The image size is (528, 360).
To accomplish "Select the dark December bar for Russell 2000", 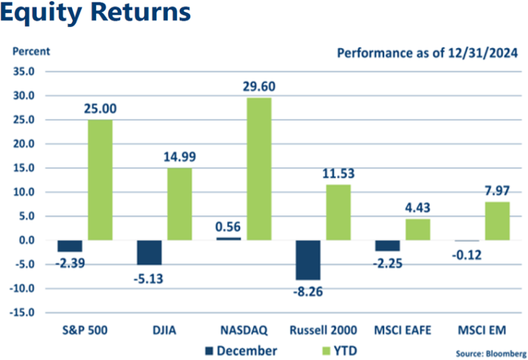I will point(308,260).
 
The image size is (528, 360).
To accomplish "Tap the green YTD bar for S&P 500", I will point(100,180).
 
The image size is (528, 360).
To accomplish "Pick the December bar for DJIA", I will point(149,252).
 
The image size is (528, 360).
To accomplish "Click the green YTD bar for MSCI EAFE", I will point(417,229).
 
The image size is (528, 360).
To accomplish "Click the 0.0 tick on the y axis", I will point(26,240).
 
